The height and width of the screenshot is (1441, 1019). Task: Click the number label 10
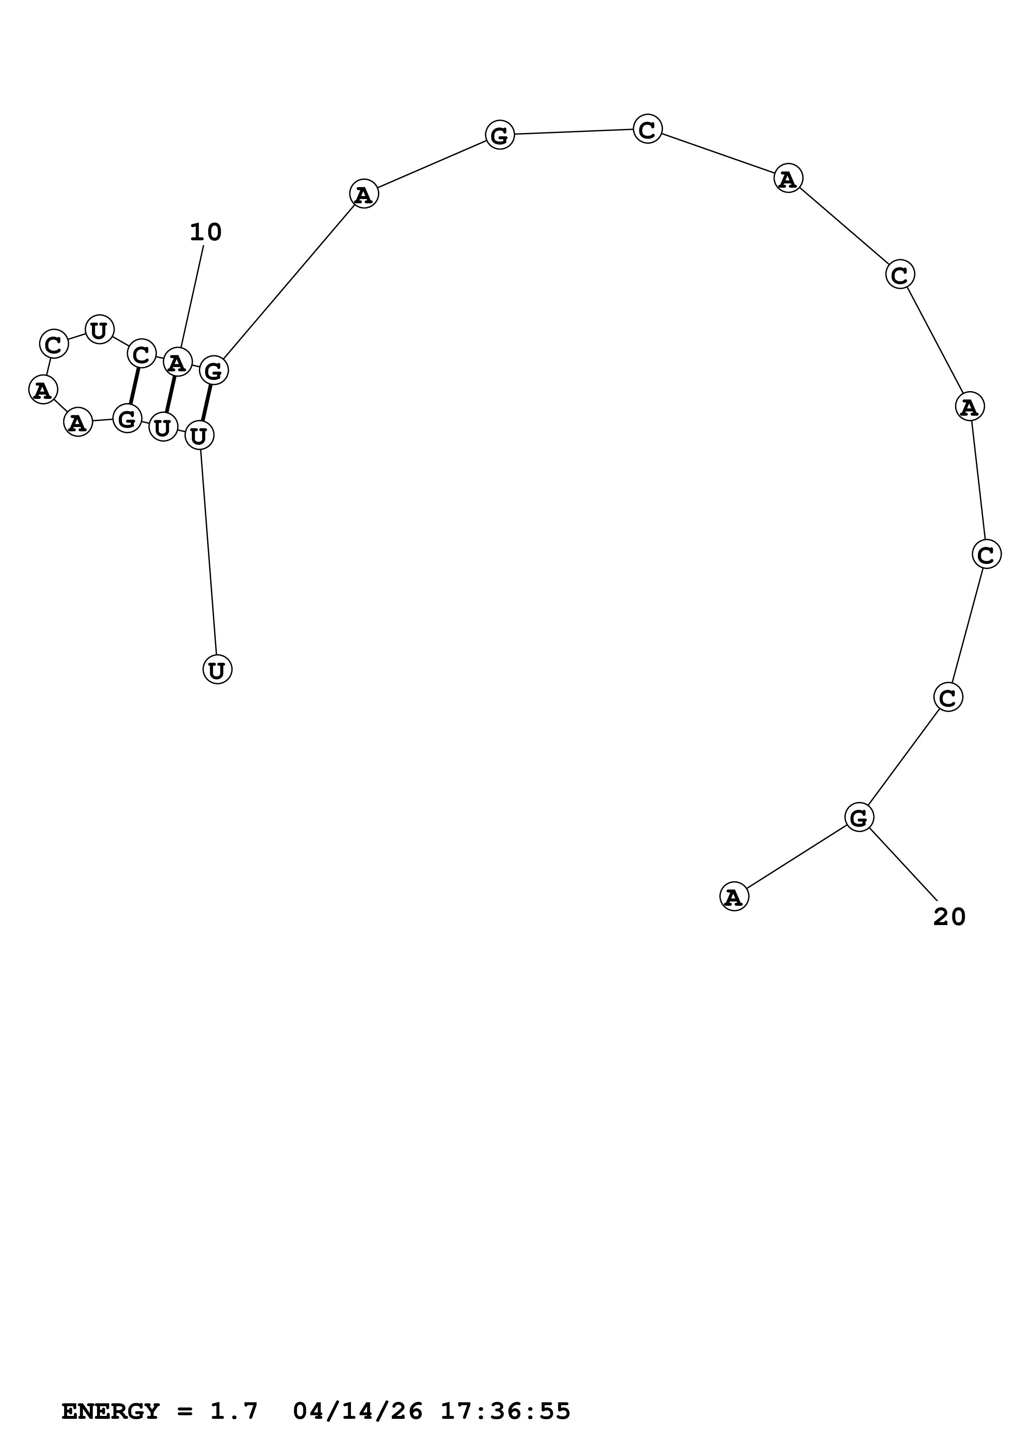pos(205,233)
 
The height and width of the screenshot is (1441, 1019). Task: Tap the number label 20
pos(949,917)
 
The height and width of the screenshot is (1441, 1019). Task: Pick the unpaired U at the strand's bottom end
pos(217,670)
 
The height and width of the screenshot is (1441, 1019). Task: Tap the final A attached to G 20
pos(734,897)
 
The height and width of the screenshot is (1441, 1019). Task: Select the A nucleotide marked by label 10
pos(178,363)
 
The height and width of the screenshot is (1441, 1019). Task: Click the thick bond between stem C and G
pos(134,387)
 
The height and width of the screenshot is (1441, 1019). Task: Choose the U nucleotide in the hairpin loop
pos(99,329)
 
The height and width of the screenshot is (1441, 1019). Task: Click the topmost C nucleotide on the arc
pos(647,129)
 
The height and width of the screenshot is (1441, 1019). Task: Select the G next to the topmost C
pos(500,135)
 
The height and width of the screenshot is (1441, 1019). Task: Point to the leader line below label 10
pos(192,296)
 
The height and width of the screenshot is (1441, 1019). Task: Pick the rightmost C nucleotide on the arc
pos(987,554)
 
